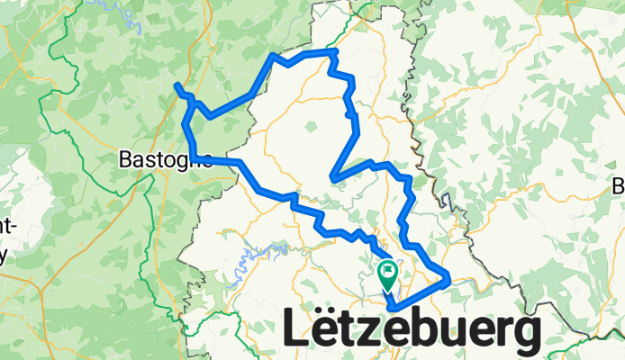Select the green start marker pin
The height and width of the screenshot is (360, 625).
[388, 273]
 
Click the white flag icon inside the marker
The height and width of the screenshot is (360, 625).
[388, 269]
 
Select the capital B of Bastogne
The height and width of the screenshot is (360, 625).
[125, 160]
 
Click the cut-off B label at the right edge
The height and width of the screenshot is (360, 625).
[619, 187]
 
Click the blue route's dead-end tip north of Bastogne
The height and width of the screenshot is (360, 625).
[177, 85]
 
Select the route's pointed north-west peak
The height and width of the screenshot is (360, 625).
[274, 57]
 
